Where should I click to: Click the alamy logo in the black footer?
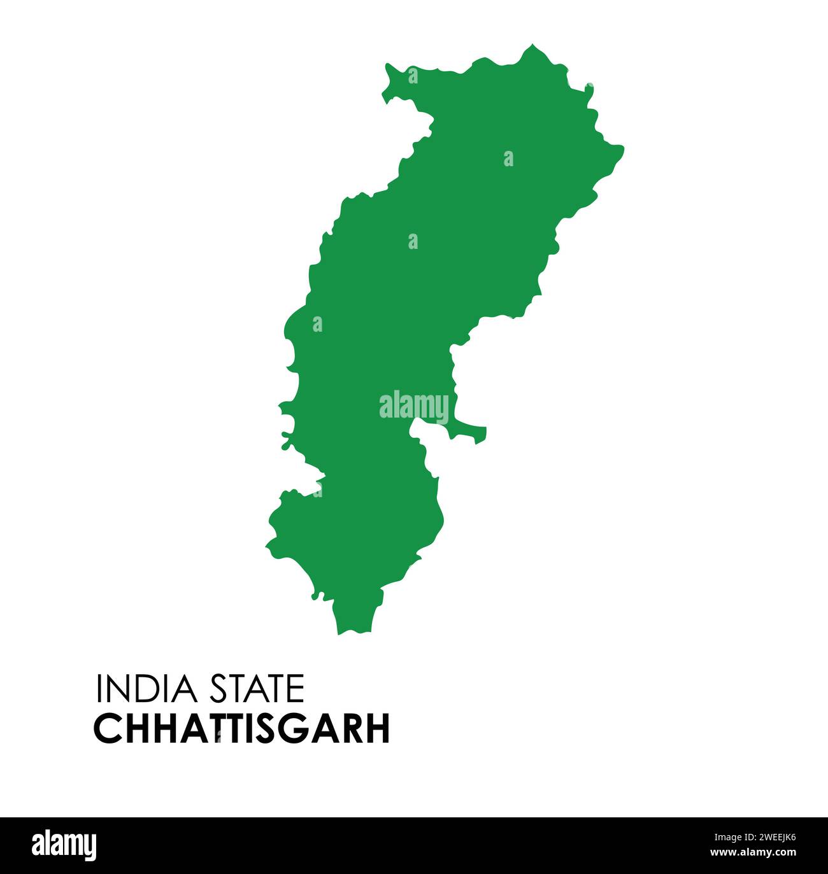64,845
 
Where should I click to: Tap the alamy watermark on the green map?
413,406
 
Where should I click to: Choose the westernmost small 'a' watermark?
317,325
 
